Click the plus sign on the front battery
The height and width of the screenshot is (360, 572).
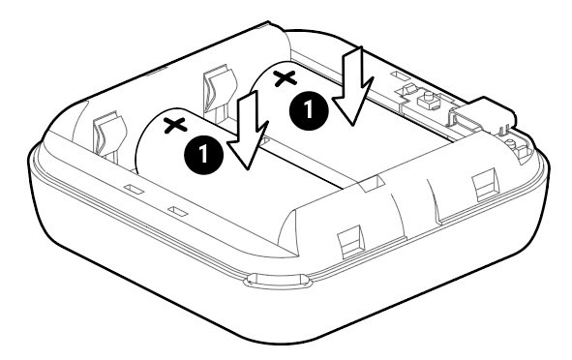click(175, 125)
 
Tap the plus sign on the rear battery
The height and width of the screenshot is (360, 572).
click(285, 78)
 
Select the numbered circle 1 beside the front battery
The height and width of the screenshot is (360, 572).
click(203, 154)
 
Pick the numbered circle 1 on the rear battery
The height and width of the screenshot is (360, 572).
click(309, 108)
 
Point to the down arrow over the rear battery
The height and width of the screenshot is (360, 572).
click(353, 86)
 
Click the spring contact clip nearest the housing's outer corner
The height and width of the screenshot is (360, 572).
click(108, 136)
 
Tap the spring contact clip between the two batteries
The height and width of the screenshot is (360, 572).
click(218, 92)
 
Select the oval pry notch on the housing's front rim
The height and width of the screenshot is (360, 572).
click(277, 279)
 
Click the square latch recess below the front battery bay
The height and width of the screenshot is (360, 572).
click(351, 242)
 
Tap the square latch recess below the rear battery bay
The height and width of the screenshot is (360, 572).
click(485, 184)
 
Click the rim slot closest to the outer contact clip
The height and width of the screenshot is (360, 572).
click(133, 189)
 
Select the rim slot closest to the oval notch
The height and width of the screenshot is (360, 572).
click(178, 212)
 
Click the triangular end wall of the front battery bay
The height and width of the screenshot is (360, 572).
click(288, 228)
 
